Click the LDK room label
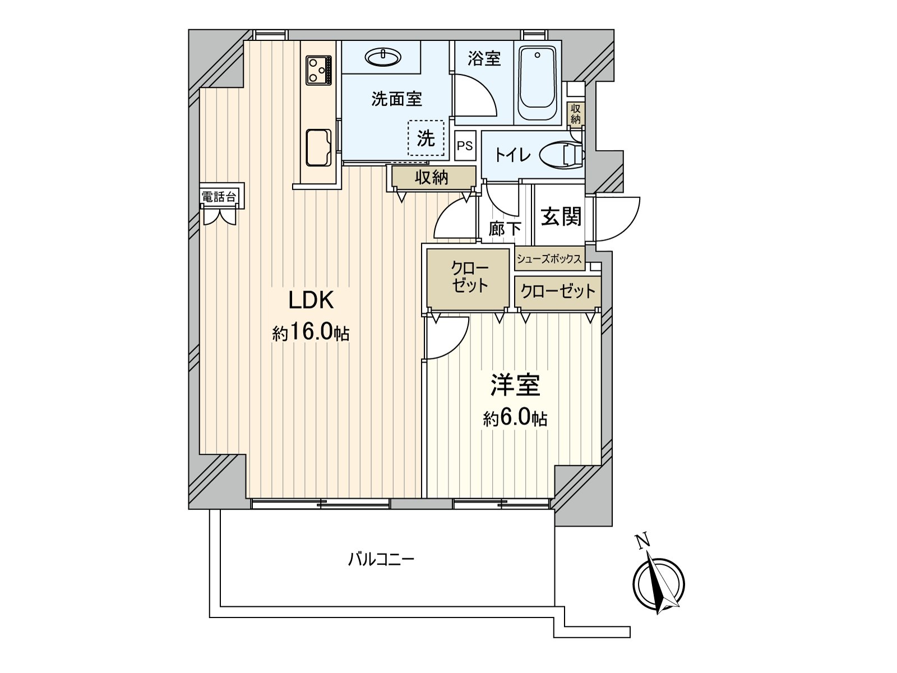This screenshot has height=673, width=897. (x=311, y=301)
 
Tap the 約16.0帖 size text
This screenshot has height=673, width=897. (x=311, y=334)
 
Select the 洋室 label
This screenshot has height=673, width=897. (x=515, y=385)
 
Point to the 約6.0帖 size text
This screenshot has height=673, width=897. (x=515, y=418)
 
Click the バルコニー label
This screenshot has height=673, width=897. (x=381, y=559)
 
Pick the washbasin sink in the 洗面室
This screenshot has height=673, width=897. (x=383, y=56)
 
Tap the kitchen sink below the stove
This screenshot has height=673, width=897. (x=318, y=147)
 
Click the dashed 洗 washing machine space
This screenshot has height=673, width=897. (x=426, y=138)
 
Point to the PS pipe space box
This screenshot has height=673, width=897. (x=465, y=146)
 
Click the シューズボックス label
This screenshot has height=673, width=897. (x=549, y=259)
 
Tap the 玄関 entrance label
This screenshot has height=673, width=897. (x=561, y=216)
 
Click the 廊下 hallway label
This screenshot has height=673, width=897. (x=504, y=228)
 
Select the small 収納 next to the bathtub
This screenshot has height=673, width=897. (x=575, y=114)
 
